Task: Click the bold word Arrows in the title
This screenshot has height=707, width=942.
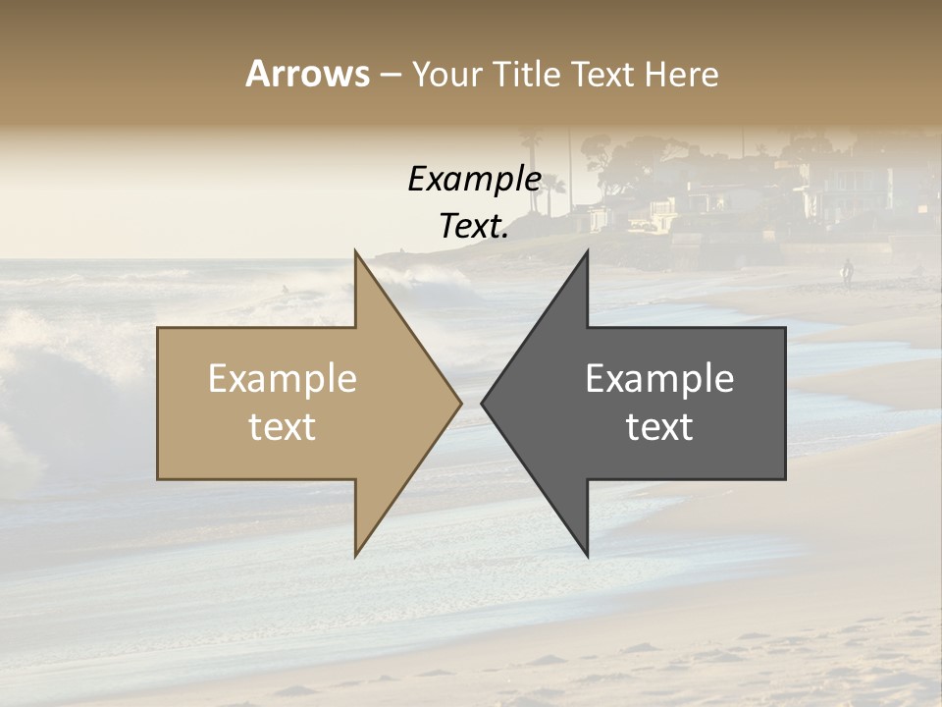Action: [308, 74]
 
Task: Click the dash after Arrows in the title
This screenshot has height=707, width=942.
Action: [390, 76]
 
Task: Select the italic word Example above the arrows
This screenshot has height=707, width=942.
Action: [474, 179]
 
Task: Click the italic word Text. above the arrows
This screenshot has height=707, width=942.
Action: [474, 227]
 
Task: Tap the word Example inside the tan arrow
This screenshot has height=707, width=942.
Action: [283, 379]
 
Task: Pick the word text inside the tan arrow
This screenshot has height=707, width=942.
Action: [283, 427]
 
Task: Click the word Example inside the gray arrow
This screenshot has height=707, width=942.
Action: [659, 379]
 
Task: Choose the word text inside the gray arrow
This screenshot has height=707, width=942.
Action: [659, 427]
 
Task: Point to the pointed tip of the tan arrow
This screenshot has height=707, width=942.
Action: [460, 403]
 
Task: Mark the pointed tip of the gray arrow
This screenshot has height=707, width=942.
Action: [483, 403]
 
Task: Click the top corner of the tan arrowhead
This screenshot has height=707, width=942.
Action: [356, 251]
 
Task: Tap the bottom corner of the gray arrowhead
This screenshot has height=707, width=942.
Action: [587, 555]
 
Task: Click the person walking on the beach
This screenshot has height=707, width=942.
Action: [847, 272]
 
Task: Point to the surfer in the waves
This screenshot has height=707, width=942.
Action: [286, 289]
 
